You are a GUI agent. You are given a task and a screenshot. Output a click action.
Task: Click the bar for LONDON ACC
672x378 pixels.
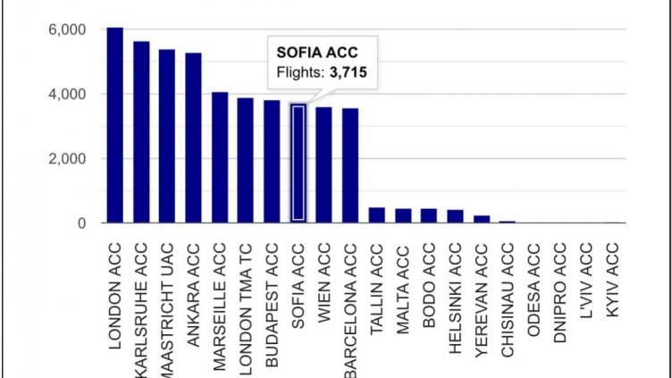tap(114, 125)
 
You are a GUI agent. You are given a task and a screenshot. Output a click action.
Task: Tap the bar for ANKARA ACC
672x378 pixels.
tap(193, 138)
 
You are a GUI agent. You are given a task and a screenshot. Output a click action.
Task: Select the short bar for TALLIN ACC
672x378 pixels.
tap(377, 215)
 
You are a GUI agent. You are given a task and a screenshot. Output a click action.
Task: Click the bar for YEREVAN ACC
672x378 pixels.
tap(482, 219)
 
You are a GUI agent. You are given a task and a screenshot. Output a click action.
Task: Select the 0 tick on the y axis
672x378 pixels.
tap(80, 223)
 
